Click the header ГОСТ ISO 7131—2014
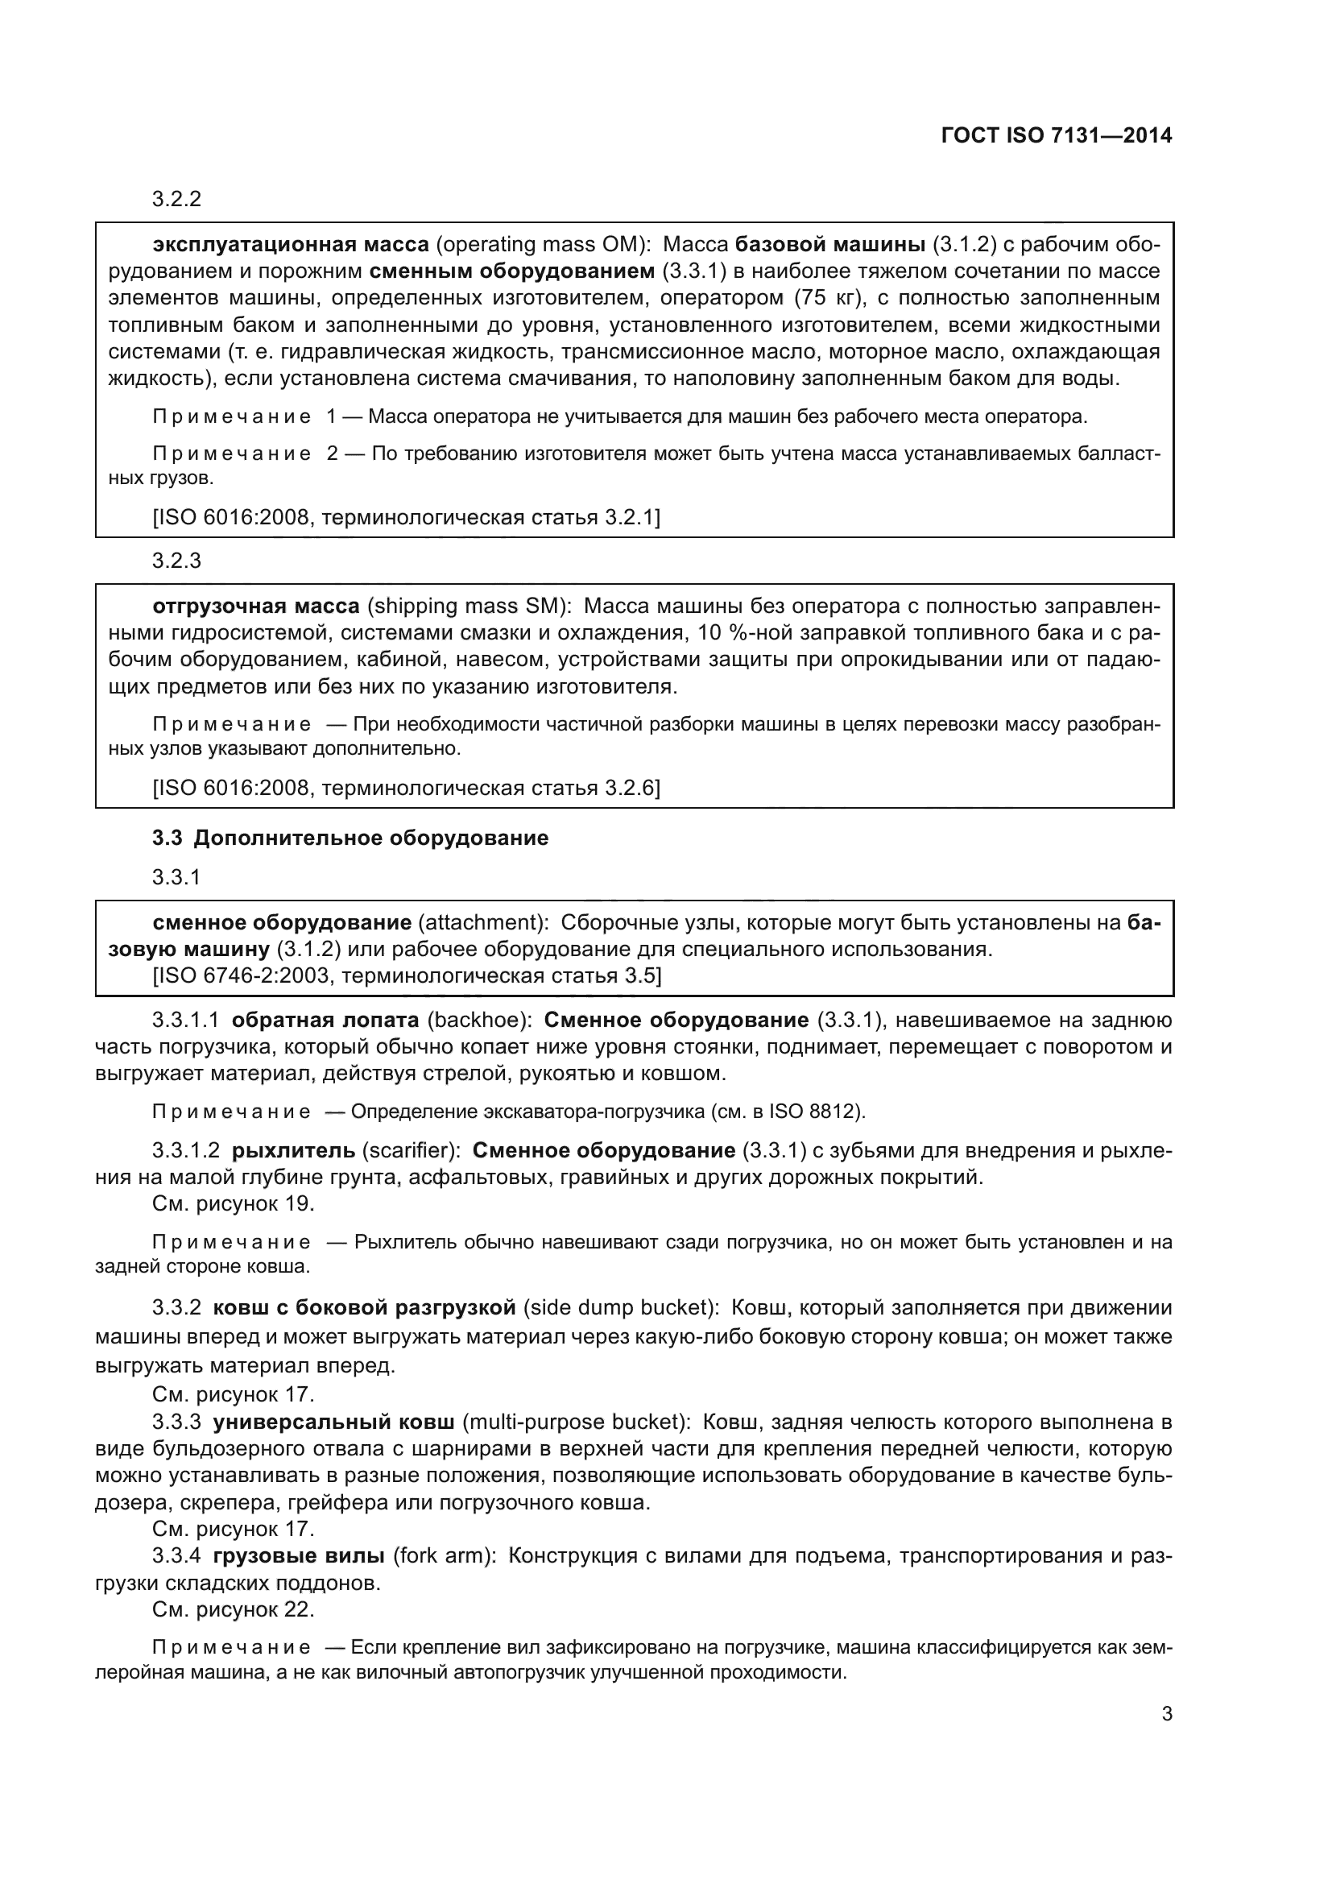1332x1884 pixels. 1057,135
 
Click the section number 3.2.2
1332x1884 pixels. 176,200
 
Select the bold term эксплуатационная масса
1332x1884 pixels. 291,245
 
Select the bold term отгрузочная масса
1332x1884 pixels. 256,607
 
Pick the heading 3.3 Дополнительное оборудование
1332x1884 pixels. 350,838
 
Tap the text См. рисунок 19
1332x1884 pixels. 233,1203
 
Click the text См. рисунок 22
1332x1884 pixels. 233,1609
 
